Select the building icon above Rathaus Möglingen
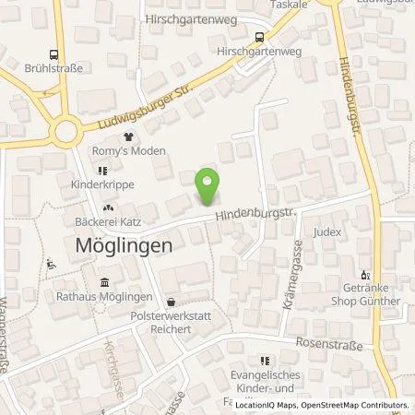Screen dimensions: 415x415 click(x=103, y=281)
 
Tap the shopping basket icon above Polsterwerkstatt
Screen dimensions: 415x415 click(x=171, y=302)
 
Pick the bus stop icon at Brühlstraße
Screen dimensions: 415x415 click(x=56, y=55)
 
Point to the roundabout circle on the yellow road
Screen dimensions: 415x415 click(x=65, y=132)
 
